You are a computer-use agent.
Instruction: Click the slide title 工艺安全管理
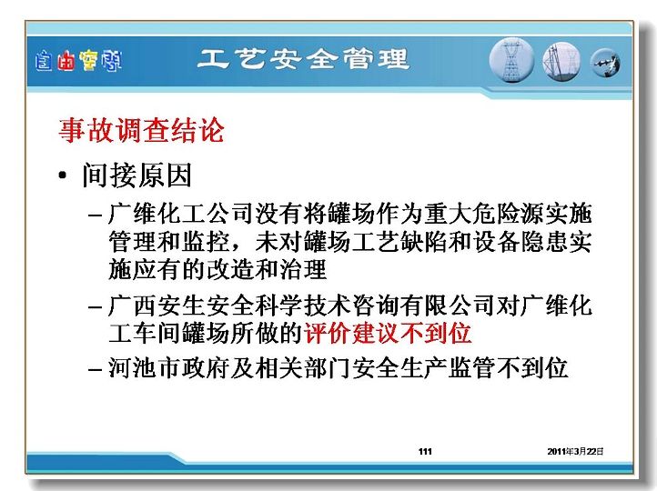coord(303,58)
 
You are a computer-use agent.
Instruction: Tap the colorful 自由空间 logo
coord(78,61)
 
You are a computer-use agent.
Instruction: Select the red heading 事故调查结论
coord(141,130)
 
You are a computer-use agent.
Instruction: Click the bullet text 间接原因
coord(137,175)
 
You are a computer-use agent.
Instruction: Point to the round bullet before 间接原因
coord(63,175)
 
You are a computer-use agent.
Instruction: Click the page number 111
coord(425,451)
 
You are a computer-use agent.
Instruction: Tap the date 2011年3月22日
coord(575,451)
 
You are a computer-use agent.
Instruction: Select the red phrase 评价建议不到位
coord(388,334)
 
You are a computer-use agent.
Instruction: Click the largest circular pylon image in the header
coord(511,60)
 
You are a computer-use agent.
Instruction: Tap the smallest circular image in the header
coord(605,63)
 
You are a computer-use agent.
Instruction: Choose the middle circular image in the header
coord(561,62)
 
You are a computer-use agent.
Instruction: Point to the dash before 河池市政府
coord(96,370)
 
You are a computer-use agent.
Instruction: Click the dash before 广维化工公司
coord(96,215)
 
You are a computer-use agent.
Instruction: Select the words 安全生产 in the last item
coord(399,368)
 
